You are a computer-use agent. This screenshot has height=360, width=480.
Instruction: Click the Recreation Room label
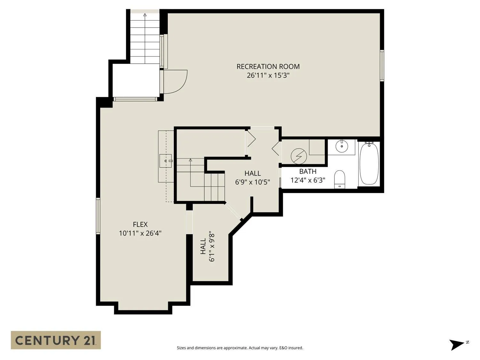(268, 67)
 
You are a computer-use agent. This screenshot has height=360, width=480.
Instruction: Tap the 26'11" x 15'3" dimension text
(268, 76)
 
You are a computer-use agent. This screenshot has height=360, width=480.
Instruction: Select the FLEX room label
(140, 224)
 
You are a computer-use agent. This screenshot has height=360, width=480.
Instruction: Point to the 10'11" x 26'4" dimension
(140, 233)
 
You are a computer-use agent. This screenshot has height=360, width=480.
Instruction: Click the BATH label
(308, 172)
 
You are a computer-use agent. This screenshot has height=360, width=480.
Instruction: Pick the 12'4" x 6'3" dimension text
(308, 180)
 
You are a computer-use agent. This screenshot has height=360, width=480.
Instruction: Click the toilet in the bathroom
(340, 179)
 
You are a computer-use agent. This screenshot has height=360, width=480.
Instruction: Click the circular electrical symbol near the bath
(299, 156)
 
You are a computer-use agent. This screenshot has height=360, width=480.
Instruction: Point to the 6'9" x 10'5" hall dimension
(252, 182)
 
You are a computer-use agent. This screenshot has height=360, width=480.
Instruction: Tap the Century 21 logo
(56, 340)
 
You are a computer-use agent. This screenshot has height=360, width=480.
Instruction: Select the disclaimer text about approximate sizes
(240, 348)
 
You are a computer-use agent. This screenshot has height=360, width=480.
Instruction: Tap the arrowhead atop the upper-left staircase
(145, 15)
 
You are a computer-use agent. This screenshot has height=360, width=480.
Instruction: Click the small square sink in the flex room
(165, 161)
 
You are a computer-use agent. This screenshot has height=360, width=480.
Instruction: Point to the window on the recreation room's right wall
(382, 66)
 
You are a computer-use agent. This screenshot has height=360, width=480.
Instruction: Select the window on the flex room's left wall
(98, 216)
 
